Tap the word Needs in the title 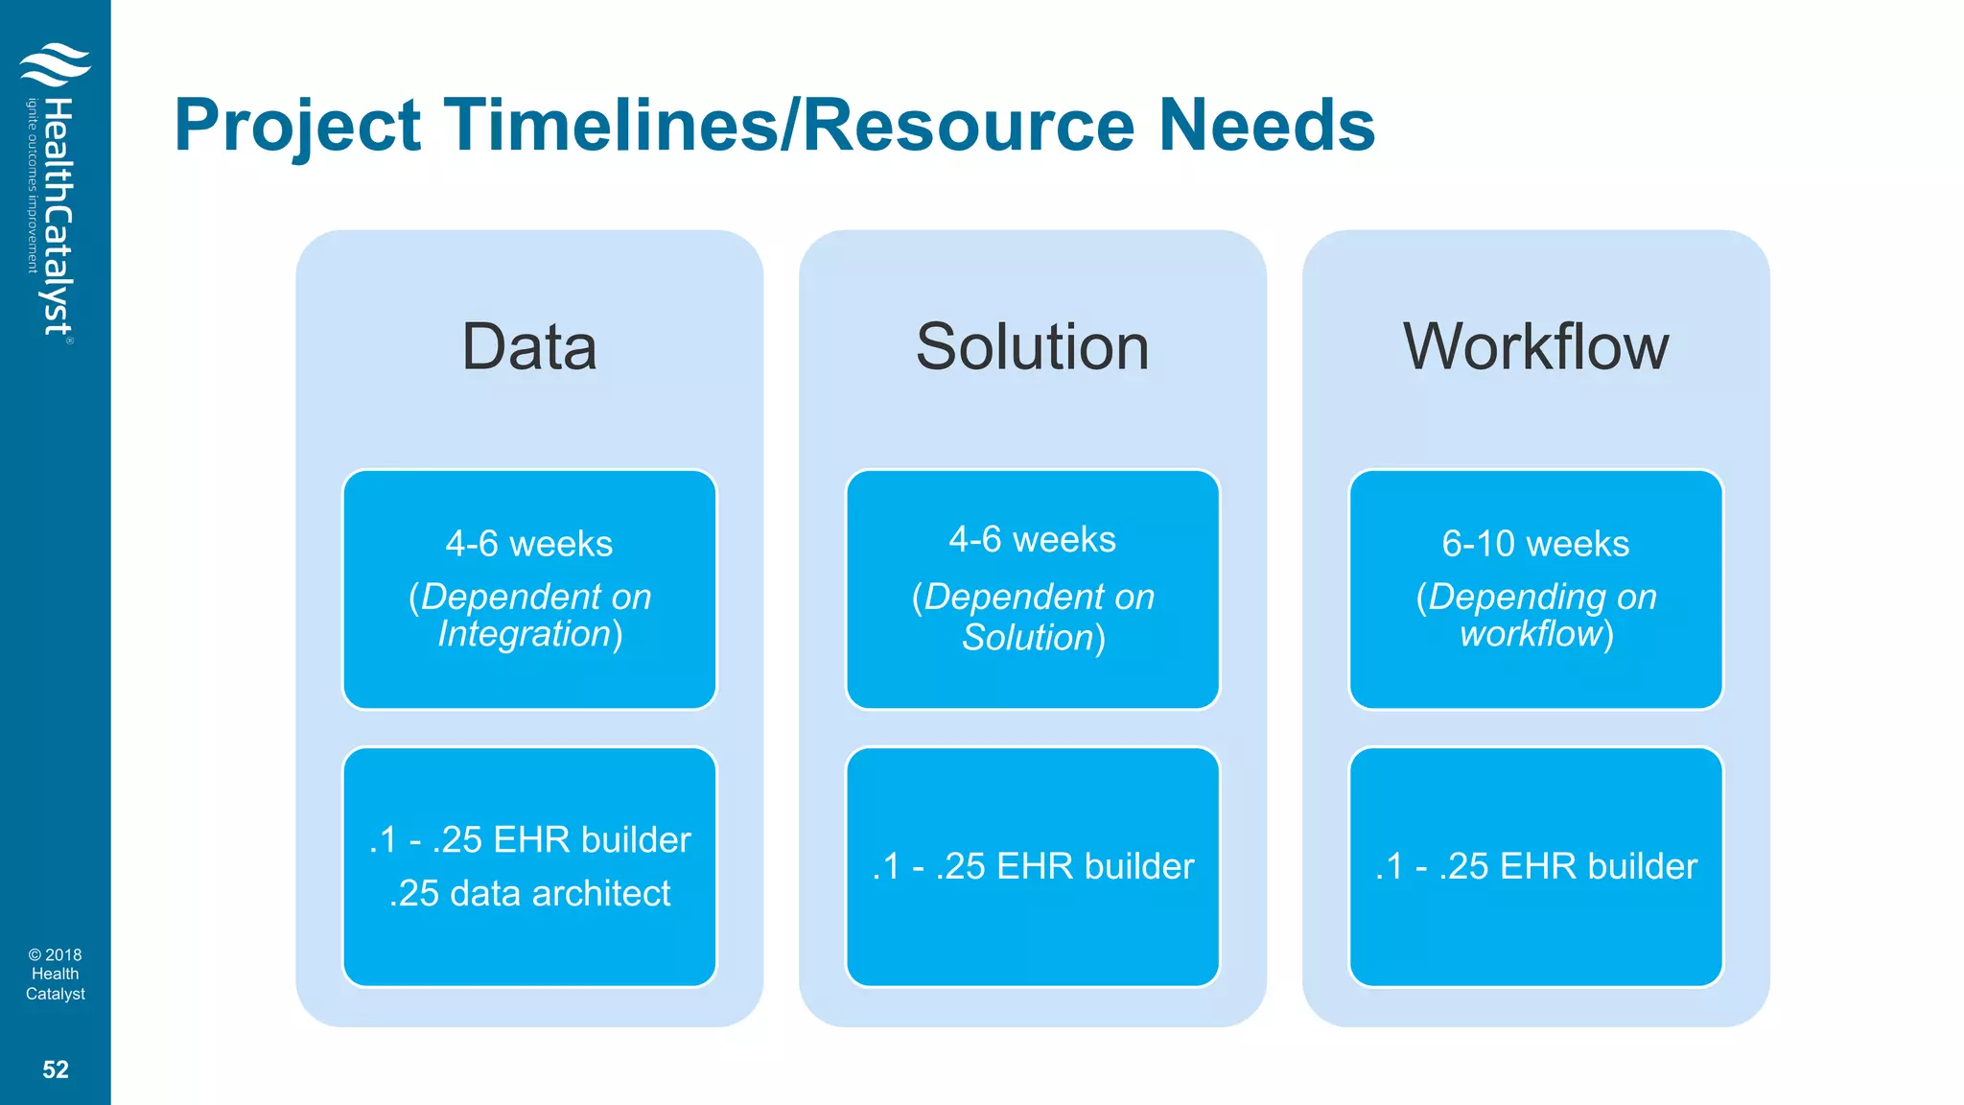click(x=1266, y=126)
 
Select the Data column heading click(x=529, y=346)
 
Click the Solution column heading click(x=1032, y=346)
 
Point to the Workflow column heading click(x=1535, y=346)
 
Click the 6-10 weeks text click(x=1535, y=544)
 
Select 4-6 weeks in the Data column click(x=529, y=544)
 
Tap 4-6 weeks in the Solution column click(x=1032, y=540)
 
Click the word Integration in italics click(x=525, y=634)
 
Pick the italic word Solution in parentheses click(x=1028, y=638)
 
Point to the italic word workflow click(x=1531, y=634)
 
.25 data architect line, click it click(x=529, y=893)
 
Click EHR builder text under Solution click(x=1095, y=866)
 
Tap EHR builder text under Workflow click(x=1598, y=866)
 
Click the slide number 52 click(x=56, y=1070)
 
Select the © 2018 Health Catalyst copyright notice click(x=56, y=974)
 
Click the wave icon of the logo click(x=55, y=64)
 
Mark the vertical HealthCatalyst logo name click(x=58, y=216)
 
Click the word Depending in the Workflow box click(x=1516, y=597)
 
